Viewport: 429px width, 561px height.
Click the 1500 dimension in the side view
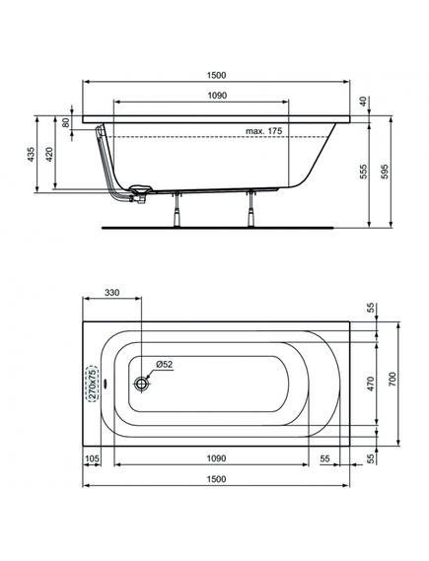(216, 76)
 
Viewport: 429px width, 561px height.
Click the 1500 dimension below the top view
(216, 479)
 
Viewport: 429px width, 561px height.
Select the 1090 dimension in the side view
(217, 96)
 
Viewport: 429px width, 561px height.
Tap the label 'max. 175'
(263, 131)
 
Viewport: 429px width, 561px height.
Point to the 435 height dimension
(32, 154)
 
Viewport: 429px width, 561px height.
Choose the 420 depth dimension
(49, 154)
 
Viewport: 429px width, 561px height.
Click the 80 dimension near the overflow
(66, 122)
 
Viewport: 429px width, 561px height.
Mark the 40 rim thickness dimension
(364, 102)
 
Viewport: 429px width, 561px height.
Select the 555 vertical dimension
(364, 172)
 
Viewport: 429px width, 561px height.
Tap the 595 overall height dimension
(385, 172)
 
